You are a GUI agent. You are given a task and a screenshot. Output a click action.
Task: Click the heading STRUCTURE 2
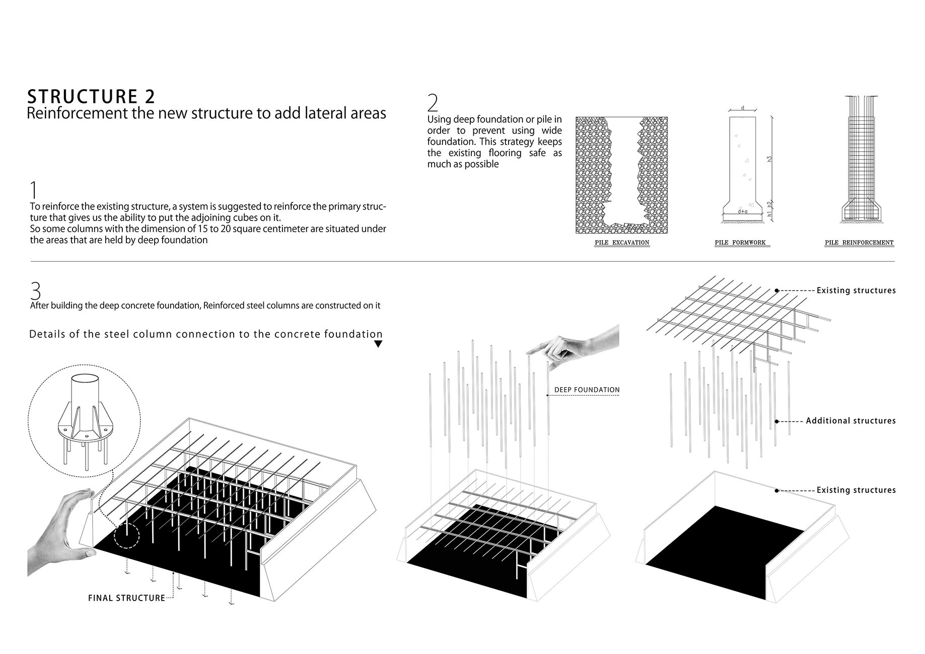pyautogui.click(x=91, y=96)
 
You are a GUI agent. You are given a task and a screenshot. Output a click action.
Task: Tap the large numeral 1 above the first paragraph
pyautogui.click(x=34, y=190)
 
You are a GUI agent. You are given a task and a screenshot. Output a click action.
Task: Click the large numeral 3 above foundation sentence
pyautogui.click(x=35, y=290)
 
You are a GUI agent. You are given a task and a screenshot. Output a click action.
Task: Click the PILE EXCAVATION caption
pyautogui.click(x=622, y=243)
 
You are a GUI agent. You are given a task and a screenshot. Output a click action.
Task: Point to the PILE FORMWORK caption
pyautogui.click(x=740, y=243)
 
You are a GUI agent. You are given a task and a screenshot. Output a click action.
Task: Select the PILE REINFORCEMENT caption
pyautogui.click(x=859, y=243)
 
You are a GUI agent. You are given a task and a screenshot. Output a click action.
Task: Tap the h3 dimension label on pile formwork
pyautogui.click(x=769, y=159)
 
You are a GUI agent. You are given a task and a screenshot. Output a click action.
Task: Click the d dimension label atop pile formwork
pyautogui.click(x=742, y=108)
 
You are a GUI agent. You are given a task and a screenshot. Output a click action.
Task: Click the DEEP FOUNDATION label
pyautogui.click(x=587, y=390)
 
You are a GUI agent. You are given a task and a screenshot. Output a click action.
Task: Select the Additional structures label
pyautogui.click(x=850, y=421)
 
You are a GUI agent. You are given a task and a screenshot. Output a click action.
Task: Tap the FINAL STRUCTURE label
pyautogui.click(x=126, y=598)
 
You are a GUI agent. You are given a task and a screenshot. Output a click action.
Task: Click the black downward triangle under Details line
pyautogui.click(x=378, y=344)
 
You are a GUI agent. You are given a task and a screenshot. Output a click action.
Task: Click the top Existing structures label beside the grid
pyautogui.click(x=856, y=290)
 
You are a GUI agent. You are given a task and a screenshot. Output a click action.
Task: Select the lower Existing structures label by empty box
pyautogui.click(x=856, y=490)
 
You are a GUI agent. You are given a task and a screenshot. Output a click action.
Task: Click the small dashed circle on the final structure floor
pyautogui.click(x=126, y=535)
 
